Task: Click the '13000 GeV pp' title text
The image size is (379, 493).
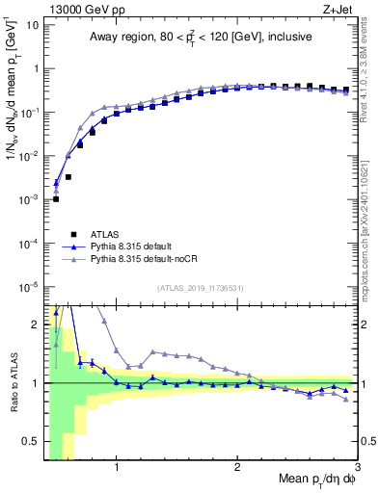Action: (x=81, y=10)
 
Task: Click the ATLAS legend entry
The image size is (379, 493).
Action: (x=106, y=233)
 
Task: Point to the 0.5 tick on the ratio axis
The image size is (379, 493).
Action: (x=34, y=441)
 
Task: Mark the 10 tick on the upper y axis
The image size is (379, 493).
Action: (x=34, y=25)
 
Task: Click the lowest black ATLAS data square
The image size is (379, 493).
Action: (x=56, y=199)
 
